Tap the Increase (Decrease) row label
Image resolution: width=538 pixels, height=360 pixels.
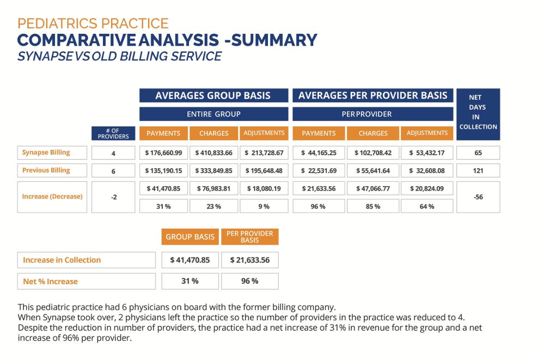click(x=52, y=196)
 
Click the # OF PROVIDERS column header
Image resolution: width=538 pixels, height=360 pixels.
click(x=113, y=133)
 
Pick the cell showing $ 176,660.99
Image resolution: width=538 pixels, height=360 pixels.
click(x=163, y=153)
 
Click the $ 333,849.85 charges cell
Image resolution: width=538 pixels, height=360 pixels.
click(x=213, y=170)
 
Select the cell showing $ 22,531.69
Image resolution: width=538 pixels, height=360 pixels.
click(x=319, y=170)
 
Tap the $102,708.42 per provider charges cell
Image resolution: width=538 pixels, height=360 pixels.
click(x=373, y=153)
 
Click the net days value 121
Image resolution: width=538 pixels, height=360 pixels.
click(x=478, y=170)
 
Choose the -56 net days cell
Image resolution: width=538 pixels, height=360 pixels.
click(x=478, y=197)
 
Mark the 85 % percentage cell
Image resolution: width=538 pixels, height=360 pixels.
click(x=373, y=206)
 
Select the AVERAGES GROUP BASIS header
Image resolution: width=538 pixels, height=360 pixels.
click(x=213, y=96)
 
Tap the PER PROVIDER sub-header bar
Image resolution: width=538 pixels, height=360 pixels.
click(x=373, y=114)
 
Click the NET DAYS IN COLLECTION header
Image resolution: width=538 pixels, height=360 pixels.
click(x=478, y=112)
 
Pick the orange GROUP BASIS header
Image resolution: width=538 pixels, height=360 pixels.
click(x=190, y=237)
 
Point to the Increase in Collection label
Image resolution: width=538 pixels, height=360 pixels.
click(x=62, y=260)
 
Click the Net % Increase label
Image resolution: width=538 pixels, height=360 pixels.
click(x=51, y=282)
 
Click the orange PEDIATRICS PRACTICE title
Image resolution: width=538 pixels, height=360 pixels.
click(x=93, y=23)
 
